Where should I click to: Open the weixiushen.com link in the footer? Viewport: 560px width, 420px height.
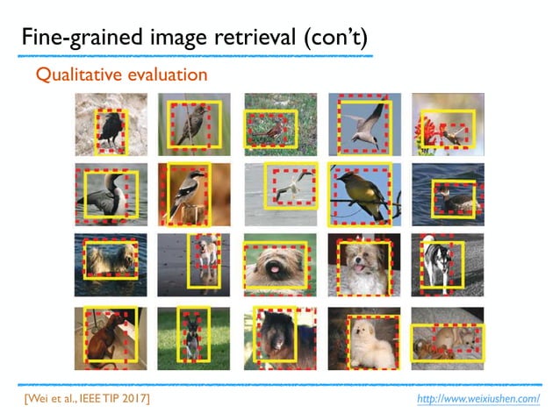click(x=478, y=399)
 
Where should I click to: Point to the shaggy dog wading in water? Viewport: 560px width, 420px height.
click(x=109, y=260)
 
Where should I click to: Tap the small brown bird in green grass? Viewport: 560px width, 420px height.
click(x=272, y=130)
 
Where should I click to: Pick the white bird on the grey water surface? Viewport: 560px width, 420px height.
click(x=288, y=187)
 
